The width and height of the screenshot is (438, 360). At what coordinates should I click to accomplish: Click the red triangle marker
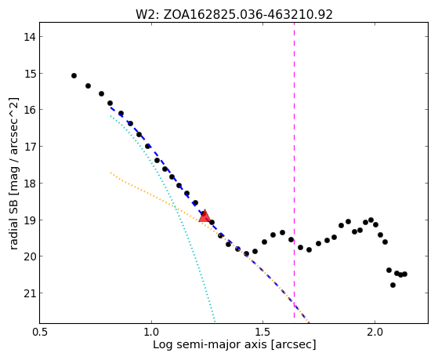205,216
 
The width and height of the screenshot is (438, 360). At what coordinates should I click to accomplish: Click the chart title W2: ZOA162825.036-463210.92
234,14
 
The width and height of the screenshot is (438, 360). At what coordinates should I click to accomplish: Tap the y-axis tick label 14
30,37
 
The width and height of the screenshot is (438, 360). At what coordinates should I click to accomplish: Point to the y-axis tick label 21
30,293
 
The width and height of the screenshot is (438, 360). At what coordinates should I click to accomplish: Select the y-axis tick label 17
30,147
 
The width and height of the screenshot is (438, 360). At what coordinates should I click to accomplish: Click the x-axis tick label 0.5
40,332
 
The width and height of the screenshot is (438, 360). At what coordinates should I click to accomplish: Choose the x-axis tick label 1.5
262,332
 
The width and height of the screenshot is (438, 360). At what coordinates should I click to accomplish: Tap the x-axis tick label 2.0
375,332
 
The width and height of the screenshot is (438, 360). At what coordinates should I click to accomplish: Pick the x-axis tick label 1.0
151,332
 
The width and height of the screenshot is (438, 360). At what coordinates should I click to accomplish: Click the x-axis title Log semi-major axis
209,344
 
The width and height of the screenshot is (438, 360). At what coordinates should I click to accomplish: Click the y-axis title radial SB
13,223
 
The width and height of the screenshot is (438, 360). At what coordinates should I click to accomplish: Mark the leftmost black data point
74,76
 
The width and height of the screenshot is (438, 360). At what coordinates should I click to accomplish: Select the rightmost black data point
405,275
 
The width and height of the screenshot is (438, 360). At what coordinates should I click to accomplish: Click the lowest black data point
393,285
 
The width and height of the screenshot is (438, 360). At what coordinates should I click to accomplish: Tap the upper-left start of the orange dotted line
110,173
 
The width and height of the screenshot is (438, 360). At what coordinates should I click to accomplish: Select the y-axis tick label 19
30,220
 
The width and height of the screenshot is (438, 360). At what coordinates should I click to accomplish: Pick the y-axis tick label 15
30,74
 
